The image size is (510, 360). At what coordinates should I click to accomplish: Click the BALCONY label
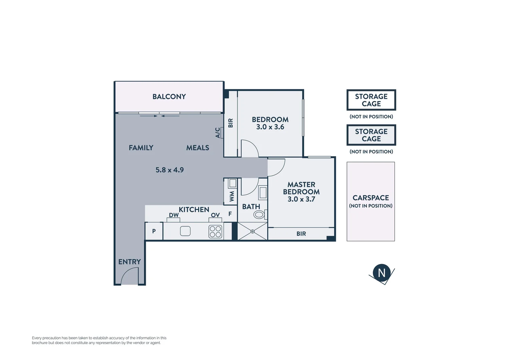[169, 97]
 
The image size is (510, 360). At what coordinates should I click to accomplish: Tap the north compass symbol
[382, 273]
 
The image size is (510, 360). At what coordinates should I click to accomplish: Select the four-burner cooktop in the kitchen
[215, 232]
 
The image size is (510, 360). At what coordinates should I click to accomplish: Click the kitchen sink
[185, 231]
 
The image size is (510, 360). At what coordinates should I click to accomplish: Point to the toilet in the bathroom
[259, 214]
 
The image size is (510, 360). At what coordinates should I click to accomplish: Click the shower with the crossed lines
[252, 231]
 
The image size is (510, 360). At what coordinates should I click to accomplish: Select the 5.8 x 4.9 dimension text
[169, 170]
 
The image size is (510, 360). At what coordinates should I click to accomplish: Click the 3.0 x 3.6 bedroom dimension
[270, 127]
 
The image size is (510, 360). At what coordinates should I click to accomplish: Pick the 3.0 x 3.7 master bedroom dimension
[301, 199]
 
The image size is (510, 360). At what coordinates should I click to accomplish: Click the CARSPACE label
[371, 198]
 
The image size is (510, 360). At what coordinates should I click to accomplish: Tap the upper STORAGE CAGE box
[371, 100]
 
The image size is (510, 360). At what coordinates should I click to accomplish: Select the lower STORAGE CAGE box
[371, 135]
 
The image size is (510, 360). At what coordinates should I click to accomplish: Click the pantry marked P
[154, 231]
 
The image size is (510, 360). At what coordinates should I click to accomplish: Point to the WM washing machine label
[232, 196]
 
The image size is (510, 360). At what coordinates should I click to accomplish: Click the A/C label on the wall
[218, 133]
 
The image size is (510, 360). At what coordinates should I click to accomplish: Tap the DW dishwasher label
[174, 215]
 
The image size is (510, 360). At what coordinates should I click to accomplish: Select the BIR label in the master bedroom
[301, 234]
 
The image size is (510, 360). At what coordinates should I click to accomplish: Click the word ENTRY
[129, 262]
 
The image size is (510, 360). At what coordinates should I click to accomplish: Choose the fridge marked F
[230, 214]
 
